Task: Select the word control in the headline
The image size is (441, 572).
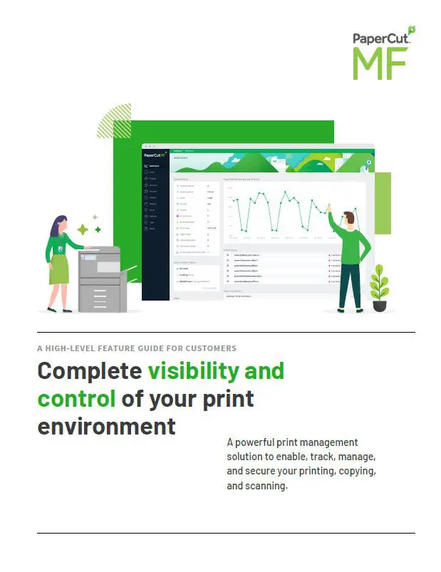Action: pyautogui.click(x=76, y=398)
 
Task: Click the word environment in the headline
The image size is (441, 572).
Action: pyautogui.click(x=106, y=426)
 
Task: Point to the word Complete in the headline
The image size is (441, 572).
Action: pyautogui.click(x=89, y=371)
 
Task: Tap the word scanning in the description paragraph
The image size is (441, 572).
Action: pyautogui.click(x=265, y=486)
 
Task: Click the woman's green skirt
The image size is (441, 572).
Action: pyautogui.click(x=58, y=269)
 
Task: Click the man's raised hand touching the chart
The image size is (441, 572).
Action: pyautogui.click(x=328, y=207)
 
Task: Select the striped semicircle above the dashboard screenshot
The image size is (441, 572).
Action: pyautogui.click(x=114, y=121)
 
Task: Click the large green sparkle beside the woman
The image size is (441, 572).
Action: pyautogui.click(x=83, y=229)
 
